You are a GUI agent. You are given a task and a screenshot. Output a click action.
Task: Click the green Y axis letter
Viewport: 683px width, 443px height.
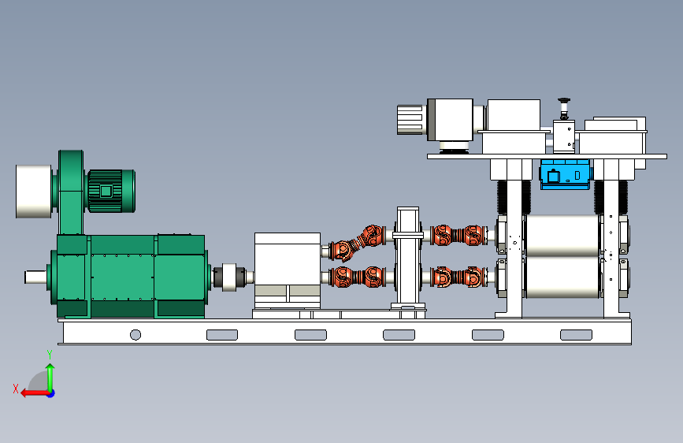pyautogui.click(x=50, y=354)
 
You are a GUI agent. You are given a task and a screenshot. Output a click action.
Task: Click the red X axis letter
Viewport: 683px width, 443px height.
pyautogui.click(x=16, y=389)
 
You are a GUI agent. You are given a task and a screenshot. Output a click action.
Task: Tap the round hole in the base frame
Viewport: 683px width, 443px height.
pyautogui.click(x=135, y=334)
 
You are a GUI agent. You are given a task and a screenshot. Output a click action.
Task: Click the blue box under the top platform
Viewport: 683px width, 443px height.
pyautogui.click(x=565, y=174)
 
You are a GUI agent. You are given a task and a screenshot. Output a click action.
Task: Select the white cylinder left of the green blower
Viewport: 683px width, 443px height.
pyautogui.click(x=34, y=191)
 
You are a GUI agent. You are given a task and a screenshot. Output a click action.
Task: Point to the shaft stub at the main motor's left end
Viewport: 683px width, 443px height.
pyautogui.click(x=35, y=277)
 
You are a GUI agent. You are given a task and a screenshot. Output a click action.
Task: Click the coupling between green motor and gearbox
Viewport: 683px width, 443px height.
pyautogui.click(x=229, y=277)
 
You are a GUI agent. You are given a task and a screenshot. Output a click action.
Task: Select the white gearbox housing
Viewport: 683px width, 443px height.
pyautogui.click(x=288, y=270)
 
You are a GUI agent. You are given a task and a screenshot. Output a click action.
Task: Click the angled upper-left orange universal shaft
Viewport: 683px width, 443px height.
pyautogui.click(x=357, y=243)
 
